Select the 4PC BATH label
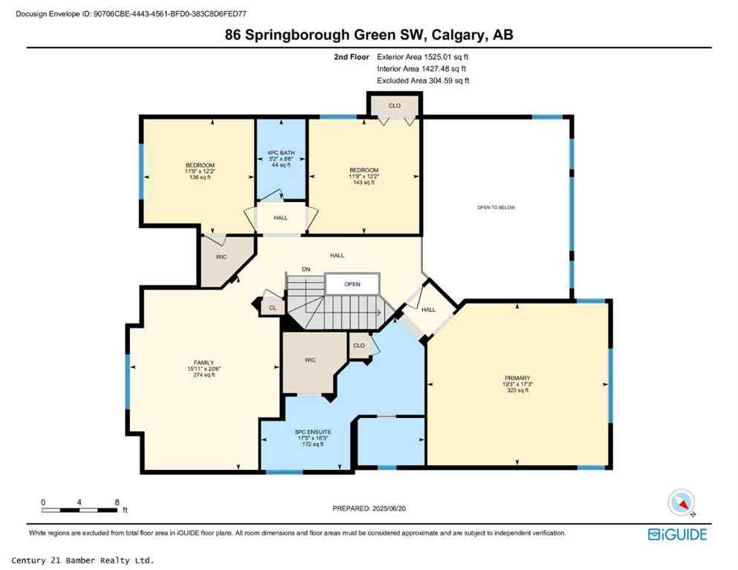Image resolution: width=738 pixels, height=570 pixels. pos(282,153)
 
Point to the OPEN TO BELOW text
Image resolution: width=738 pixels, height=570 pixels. pos(496,207)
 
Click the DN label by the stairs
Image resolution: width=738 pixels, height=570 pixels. pos(305,269)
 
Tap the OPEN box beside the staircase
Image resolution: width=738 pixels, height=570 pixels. pos(352,284)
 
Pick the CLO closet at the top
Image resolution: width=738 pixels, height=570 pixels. pos(395,106)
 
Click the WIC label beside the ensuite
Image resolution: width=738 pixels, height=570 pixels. pos(310,360)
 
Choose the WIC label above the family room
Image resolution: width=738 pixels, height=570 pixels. pos(221,258)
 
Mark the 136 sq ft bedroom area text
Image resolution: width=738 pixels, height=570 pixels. pos(200,177)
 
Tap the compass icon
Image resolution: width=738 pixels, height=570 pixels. pos(681,503)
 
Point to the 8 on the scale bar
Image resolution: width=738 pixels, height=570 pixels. pos(117,502)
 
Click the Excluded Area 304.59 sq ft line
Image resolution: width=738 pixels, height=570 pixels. pos(424,80)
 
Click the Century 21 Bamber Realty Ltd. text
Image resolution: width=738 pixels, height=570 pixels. pos(83,560)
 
